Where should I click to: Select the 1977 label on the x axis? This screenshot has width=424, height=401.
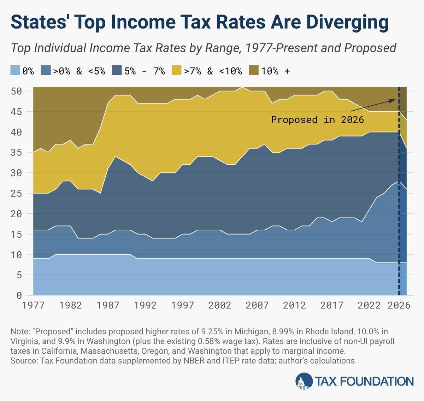tap(33, 305)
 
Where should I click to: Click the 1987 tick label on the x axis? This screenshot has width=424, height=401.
tap(108, 305)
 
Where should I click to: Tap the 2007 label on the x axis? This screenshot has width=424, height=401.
tap(257, 305)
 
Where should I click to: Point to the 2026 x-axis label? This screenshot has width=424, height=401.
tap(399, 305)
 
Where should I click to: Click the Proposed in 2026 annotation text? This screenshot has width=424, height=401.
tap(317, 120)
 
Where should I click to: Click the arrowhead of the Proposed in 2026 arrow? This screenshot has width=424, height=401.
tap(393, 100)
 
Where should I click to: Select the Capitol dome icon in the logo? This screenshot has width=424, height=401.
tap(304, 382)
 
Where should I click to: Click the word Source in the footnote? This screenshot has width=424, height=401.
tap(23, 361)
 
